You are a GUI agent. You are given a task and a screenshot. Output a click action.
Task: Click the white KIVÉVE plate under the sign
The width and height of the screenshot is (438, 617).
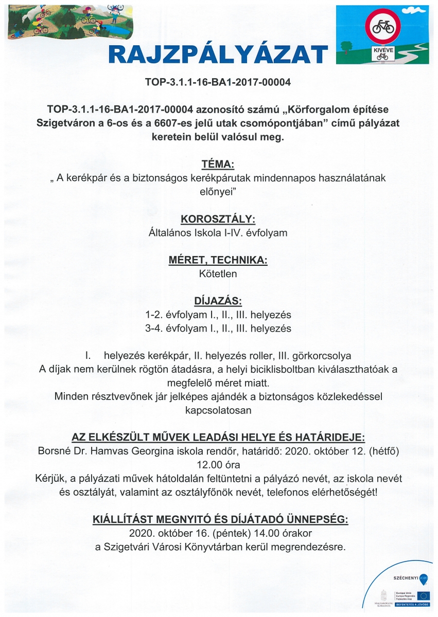pyautogui.click(x=382, y=53)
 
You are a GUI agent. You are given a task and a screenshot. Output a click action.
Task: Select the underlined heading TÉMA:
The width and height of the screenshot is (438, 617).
pyautogui.click(x=218, y=165)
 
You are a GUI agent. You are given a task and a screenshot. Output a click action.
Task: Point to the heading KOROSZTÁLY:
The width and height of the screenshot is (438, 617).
pyautogui.click(x=218, y=220)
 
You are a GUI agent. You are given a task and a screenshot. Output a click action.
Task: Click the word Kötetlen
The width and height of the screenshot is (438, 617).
pyautogui.click(x=218, y=274)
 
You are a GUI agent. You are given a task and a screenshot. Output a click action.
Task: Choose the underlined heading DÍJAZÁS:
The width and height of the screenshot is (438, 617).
pyautogui.click(x=218, y=301)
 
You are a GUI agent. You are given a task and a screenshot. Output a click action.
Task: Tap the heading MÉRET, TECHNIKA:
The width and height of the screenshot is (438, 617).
pyautogui.click(x=218, y=260)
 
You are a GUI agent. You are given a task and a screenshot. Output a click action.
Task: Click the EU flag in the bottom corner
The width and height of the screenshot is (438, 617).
pyautogui.click(x=423, y=595)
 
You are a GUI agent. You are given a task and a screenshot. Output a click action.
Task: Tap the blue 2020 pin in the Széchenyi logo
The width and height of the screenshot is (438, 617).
pyautogui.click(x=423, y=578)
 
